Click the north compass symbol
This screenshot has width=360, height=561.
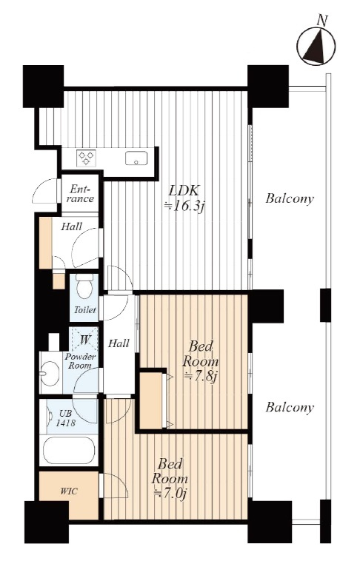click(316, 47)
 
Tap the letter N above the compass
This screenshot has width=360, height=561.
click(322, 21)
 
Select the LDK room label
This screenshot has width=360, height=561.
click(184, 190)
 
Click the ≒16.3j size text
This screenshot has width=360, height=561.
click(184, 206)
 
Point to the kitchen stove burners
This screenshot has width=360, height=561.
click(87, 158)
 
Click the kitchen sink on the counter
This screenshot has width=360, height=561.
click(136, 158)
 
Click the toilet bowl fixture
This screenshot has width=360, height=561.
click(84, 286)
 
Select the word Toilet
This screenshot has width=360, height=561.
click(85, 310)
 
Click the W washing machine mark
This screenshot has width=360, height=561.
click(84, 339)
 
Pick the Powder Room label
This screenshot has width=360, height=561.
click(80, 361)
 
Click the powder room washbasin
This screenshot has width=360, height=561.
click(49, 374)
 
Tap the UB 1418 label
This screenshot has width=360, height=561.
click(66, 419)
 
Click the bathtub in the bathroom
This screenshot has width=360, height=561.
click(69, 450)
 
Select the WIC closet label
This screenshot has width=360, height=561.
click(68, 491)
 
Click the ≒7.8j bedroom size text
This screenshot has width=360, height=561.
click(201, 377)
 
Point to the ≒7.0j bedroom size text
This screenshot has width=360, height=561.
click(170, 494)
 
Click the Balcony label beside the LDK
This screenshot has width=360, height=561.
click(290, 198)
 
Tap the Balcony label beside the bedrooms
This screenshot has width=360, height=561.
click(290, 407)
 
